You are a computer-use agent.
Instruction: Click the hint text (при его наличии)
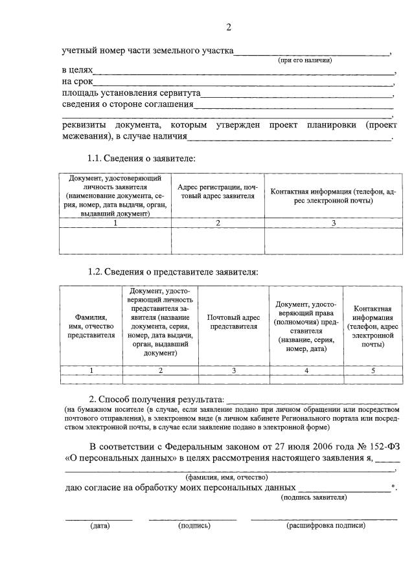click(305, 60)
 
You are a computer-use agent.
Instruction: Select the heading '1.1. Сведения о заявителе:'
click(141, 158)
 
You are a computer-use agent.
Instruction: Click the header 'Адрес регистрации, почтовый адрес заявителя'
click(218, 192)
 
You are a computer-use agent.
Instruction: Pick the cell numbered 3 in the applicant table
click(333, 223)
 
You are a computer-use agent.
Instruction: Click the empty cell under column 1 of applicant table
click(115, 240)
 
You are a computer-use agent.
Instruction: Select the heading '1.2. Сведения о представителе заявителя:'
click(172, 272)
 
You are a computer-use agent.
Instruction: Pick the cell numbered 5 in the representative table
click(373, 370)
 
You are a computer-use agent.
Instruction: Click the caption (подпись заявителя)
click(314, 497)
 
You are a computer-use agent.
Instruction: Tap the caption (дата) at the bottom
click(99, 525)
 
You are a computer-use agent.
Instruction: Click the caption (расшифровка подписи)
click(326, 525)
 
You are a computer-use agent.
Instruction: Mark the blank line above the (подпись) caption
click(193, 518)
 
